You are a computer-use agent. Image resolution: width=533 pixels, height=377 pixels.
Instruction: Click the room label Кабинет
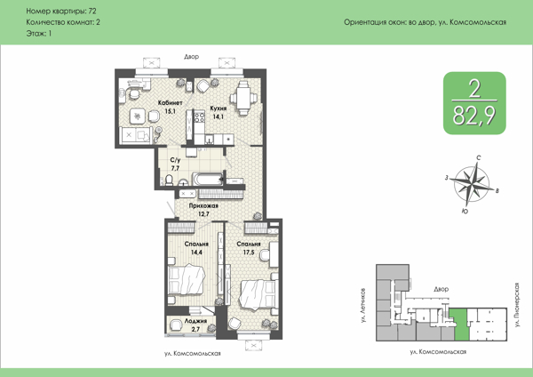tap(171, 103)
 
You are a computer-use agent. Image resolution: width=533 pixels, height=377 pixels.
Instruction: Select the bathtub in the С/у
tap(207, 179)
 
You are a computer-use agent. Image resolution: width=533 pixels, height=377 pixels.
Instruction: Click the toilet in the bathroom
tap(169, 180)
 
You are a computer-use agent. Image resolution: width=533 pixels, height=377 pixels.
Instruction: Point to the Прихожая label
tap(203, 206)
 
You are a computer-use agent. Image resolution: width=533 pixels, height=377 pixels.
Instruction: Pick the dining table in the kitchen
tap(243, 98)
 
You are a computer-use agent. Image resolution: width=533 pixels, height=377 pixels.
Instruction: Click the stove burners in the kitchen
tap(199, 117)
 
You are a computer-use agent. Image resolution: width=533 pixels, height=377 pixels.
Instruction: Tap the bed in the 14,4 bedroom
tap(187, 280)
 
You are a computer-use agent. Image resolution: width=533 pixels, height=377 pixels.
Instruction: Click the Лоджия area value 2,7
tap(195, 329)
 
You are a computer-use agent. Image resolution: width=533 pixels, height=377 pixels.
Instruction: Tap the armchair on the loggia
tap(176, 325)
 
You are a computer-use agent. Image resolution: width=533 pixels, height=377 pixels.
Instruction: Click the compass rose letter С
tap(478, 158)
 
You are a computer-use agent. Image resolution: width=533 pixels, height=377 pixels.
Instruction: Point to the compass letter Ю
tap(465, 212)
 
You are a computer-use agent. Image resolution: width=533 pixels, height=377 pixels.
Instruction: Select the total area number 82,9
tap(473, 116)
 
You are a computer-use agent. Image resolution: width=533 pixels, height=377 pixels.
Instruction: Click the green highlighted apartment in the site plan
tap(460, 325)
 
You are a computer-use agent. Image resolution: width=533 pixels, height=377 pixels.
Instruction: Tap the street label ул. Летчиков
tap(363, 305)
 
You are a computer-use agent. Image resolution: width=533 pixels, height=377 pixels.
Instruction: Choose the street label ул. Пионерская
tap(517, 305)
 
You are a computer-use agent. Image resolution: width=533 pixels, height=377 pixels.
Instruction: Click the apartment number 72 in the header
tap(92, 12)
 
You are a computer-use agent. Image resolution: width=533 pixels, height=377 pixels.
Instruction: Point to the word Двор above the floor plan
tap(191, 57)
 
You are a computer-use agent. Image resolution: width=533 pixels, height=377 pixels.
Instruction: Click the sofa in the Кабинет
tap(136, 135)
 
